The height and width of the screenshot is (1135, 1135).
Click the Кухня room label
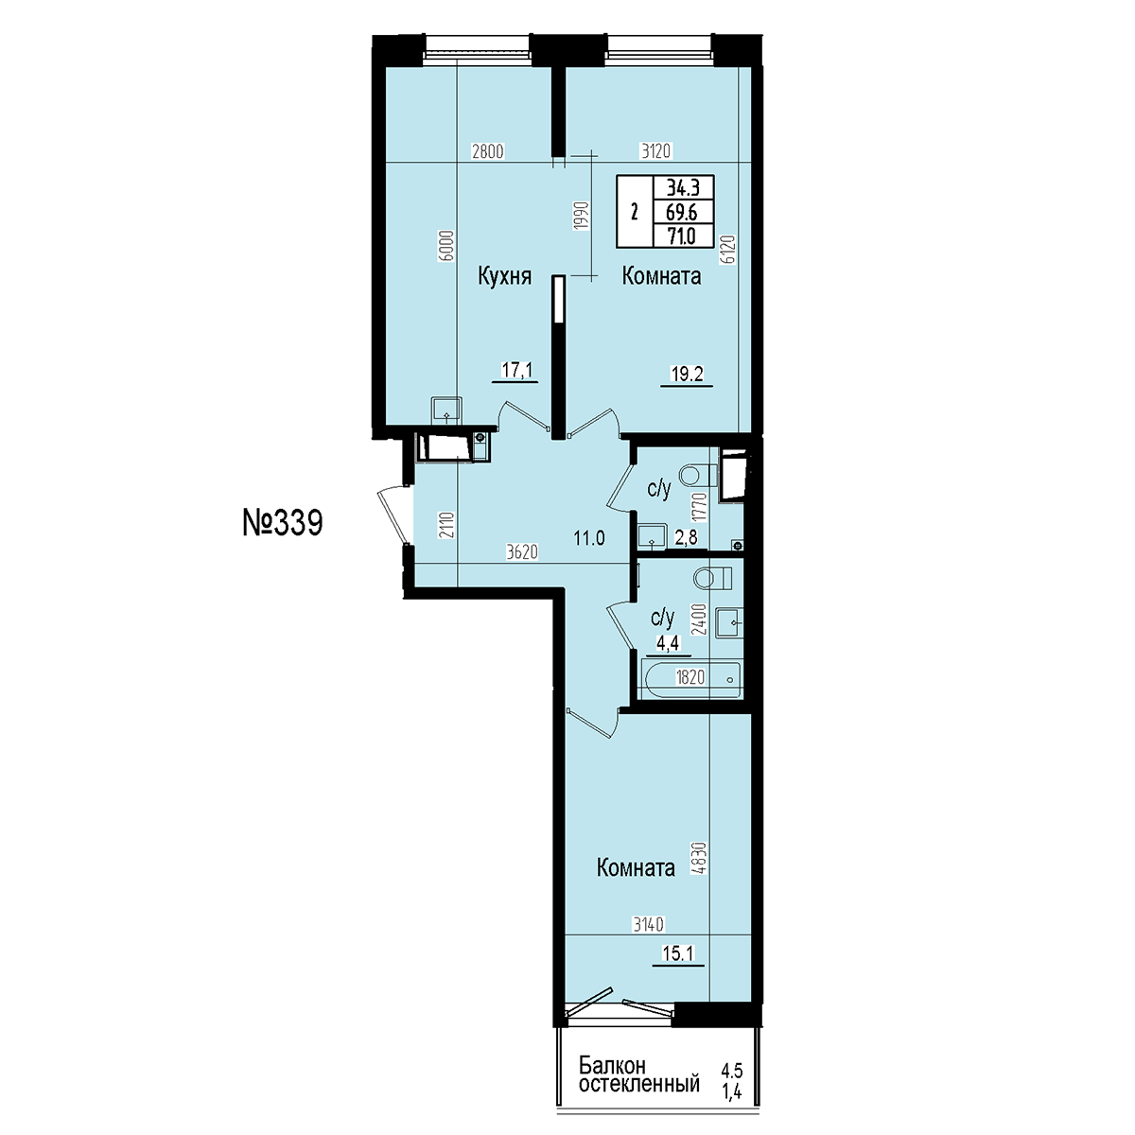pyautogui.click(x=504, y=276)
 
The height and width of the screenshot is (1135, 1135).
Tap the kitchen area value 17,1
pyautogui.click(x=516, y=370)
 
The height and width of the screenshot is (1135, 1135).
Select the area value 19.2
pyautogui.click(x=687, y=374)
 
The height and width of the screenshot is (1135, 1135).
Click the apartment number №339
pyautogui.click(x=283, y=523)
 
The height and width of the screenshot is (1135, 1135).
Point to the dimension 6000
pyautogui.click(x=448, y=245)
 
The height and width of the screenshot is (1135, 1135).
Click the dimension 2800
pyautogui.click(x=488, y=151)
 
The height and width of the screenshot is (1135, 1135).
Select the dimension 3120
pyautogui.click(x=655, y=151)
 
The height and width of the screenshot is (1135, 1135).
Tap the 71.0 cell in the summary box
pyautogui.click(x=681, y=236)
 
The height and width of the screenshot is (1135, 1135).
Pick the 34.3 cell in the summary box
pyautogui.click(x=683, y=188)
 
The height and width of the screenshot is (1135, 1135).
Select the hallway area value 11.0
pyautogui.click(x=589, y=538)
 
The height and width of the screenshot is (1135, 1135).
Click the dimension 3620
pyautogui.click(x=522, y=551)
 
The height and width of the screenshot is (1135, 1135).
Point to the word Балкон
pyautogui.click(x=612, y=1065)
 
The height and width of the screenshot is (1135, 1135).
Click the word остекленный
pyautogui.click(x=639, y=1083)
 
